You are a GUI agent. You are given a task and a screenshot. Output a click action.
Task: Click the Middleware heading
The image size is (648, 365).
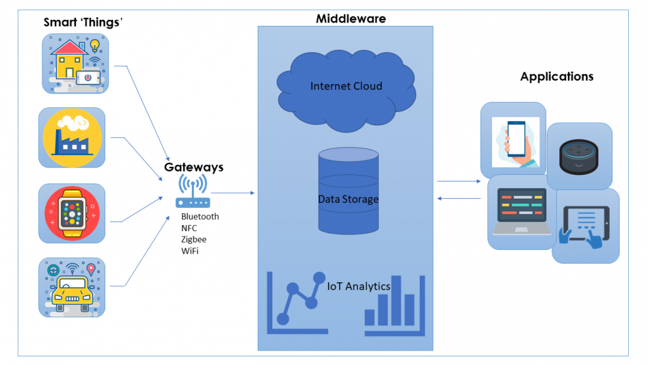(x=350, y=19)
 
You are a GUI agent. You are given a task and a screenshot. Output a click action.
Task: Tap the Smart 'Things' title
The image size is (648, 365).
(x=85, y=23)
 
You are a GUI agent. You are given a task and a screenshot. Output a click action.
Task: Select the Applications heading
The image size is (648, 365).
(x=557, y=76)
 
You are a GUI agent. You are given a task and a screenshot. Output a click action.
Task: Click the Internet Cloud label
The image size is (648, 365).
(x=346, y=86)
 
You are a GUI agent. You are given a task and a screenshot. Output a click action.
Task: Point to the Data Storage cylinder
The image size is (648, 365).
(x=348, y=191)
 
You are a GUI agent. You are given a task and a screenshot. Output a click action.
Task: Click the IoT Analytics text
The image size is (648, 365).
(x=358, y=286)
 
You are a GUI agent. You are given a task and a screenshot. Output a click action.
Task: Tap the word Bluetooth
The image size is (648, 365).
(x=200, y=217)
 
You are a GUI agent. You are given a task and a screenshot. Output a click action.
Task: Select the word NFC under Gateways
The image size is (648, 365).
(x=189, y=228)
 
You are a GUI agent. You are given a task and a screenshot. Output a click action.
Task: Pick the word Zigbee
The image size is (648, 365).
(x=194, y=239)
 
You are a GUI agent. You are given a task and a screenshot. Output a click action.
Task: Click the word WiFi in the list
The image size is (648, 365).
(x=190, y=251)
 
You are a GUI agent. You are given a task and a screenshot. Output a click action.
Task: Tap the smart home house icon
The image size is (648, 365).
(x=75, y=64)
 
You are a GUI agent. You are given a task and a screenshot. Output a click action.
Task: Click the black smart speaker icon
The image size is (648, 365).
(x=579, y=156)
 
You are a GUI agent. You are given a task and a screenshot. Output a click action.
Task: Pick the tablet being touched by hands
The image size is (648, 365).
(x=585, y=227)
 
